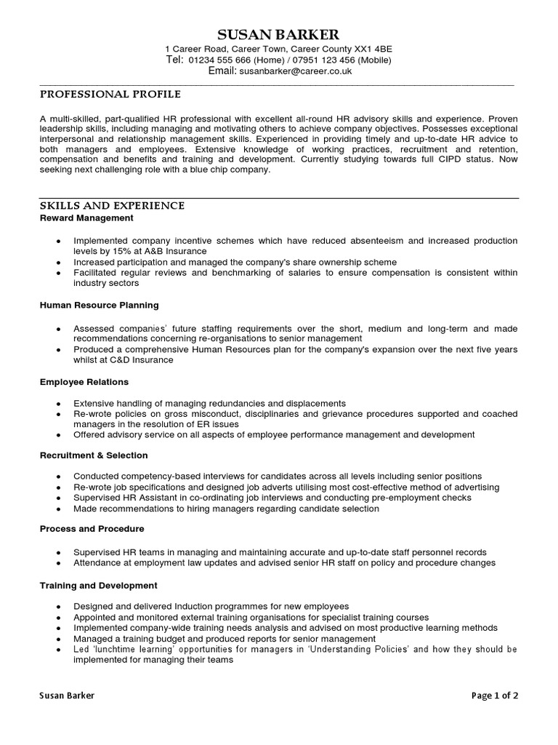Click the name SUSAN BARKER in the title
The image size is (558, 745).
[x=278, y=35]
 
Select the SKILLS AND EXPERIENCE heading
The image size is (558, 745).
[x=112, y=206]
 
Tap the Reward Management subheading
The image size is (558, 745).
[x=86, y=218]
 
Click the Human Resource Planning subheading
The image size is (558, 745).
[x=99, y=306]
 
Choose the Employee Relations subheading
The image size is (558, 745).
[x=84, y=382]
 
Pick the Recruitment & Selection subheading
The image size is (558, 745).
[x=94, y=455]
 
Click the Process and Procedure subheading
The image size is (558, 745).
[x=92, y=529]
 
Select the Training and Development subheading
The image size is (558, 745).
[x=98, y=585]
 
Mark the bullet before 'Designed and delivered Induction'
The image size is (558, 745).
[x=57, y=607]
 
